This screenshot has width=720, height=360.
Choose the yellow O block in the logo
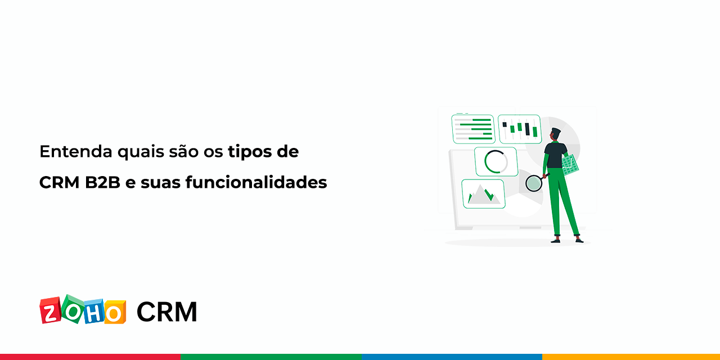(x=115, y=312)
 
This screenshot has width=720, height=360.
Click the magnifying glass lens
(x=533, y=183)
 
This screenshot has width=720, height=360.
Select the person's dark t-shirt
(x=555, y=155)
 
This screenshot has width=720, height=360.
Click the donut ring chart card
(x=496, y=162)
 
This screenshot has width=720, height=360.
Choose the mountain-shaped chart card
(x=483, y=193)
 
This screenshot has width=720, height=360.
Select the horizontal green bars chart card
(x=473, y=129)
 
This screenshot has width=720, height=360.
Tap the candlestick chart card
(x=519, y=129)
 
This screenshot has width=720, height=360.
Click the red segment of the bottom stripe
(x=90, y=357)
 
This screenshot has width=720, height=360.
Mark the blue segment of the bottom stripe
(x=451, y=357)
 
